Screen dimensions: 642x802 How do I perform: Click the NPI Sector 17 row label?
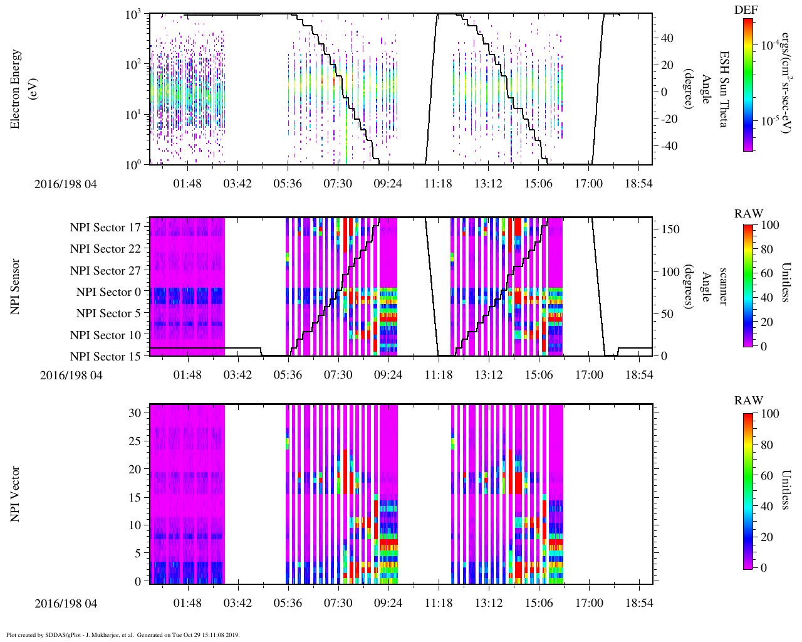[106, 228]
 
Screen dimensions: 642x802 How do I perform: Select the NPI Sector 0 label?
[109, 292]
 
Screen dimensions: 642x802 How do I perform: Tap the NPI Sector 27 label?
[106, 271]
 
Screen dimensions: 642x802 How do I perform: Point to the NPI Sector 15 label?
[106, 357]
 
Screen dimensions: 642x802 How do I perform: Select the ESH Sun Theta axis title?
[723, 89]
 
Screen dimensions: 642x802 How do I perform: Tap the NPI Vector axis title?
[16, 494]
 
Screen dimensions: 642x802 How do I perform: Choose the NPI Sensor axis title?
[16, 287]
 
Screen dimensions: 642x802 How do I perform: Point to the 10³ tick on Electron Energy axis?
[137, 15]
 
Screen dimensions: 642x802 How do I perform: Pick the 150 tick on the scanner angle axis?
[671, 229]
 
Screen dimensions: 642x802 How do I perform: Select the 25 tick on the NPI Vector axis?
[137, 441]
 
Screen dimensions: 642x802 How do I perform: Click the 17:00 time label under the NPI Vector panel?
[589, 603]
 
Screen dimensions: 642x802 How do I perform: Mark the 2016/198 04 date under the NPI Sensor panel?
[71, 376]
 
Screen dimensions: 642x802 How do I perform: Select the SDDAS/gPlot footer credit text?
[123, 635]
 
